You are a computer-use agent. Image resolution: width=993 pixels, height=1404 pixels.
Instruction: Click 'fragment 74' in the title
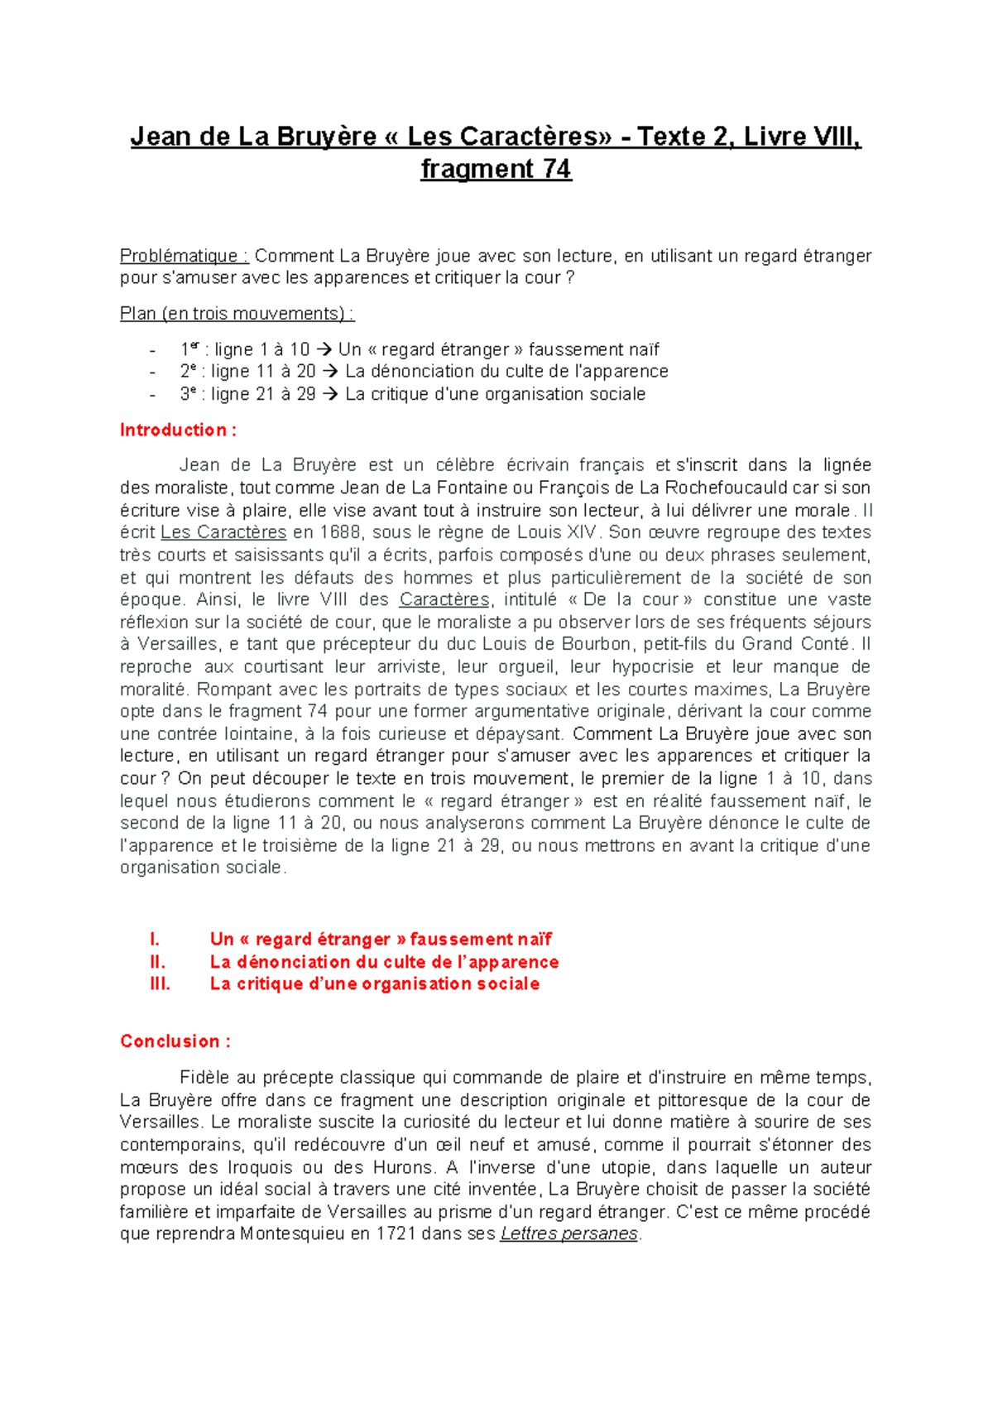(x=496, y=169)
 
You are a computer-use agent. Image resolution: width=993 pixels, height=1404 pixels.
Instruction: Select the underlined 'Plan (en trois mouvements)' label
(x=236, y=314)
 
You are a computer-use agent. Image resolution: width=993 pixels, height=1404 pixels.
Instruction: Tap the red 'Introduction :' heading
(x=178, y=430)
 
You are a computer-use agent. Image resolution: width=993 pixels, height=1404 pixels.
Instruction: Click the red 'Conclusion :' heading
(x=175, y=1041)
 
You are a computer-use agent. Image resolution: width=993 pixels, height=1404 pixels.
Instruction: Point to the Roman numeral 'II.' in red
(x=157, y=962)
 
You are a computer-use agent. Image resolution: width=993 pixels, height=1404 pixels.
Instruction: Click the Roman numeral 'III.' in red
(x=160, y=984)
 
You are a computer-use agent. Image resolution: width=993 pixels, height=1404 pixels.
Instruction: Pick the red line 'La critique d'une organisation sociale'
(x=375, y=984)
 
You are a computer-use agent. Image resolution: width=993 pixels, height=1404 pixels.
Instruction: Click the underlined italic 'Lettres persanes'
(x=568, y=1234)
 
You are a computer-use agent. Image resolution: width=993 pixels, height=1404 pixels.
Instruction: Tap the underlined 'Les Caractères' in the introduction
(x=223, y=532)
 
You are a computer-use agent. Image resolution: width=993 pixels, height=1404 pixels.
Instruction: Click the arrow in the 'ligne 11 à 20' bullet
(x=329, y=372)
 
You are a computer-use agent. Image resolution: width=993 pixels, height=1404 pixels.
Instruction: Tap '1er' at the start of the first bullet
(x=189, y=349)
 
